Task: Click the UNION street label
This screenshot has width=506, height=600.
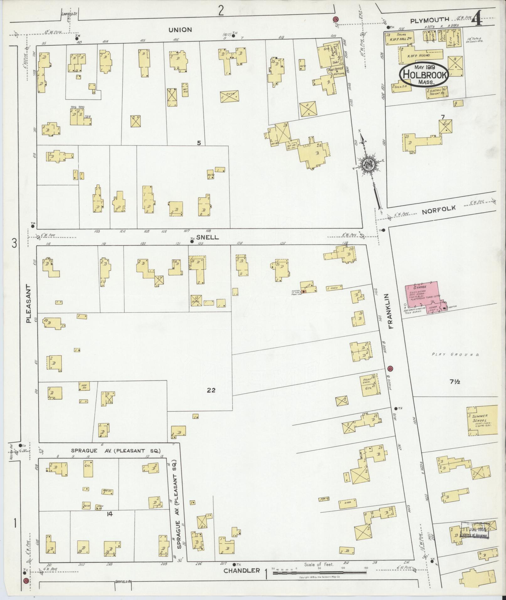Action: point(180,29)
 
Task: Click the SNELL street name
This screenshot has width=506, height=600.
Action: point(207,237)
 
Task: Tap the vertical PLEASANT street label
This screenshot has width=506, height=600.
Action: point(29,304)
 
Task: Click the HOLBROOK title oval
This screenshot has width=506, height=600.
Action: point(423,75)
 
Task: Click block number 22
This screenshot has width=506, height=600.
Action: point(211,390)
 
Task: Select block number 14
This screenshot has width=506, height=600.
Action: point(109,514)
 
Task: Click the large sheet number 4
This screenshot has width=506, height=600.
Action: point(477,19)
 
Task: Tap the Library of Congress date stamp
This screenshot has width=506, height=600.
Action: point(475,530)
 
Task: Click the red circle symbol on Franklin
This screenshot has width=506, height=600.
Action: point(390,368)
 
